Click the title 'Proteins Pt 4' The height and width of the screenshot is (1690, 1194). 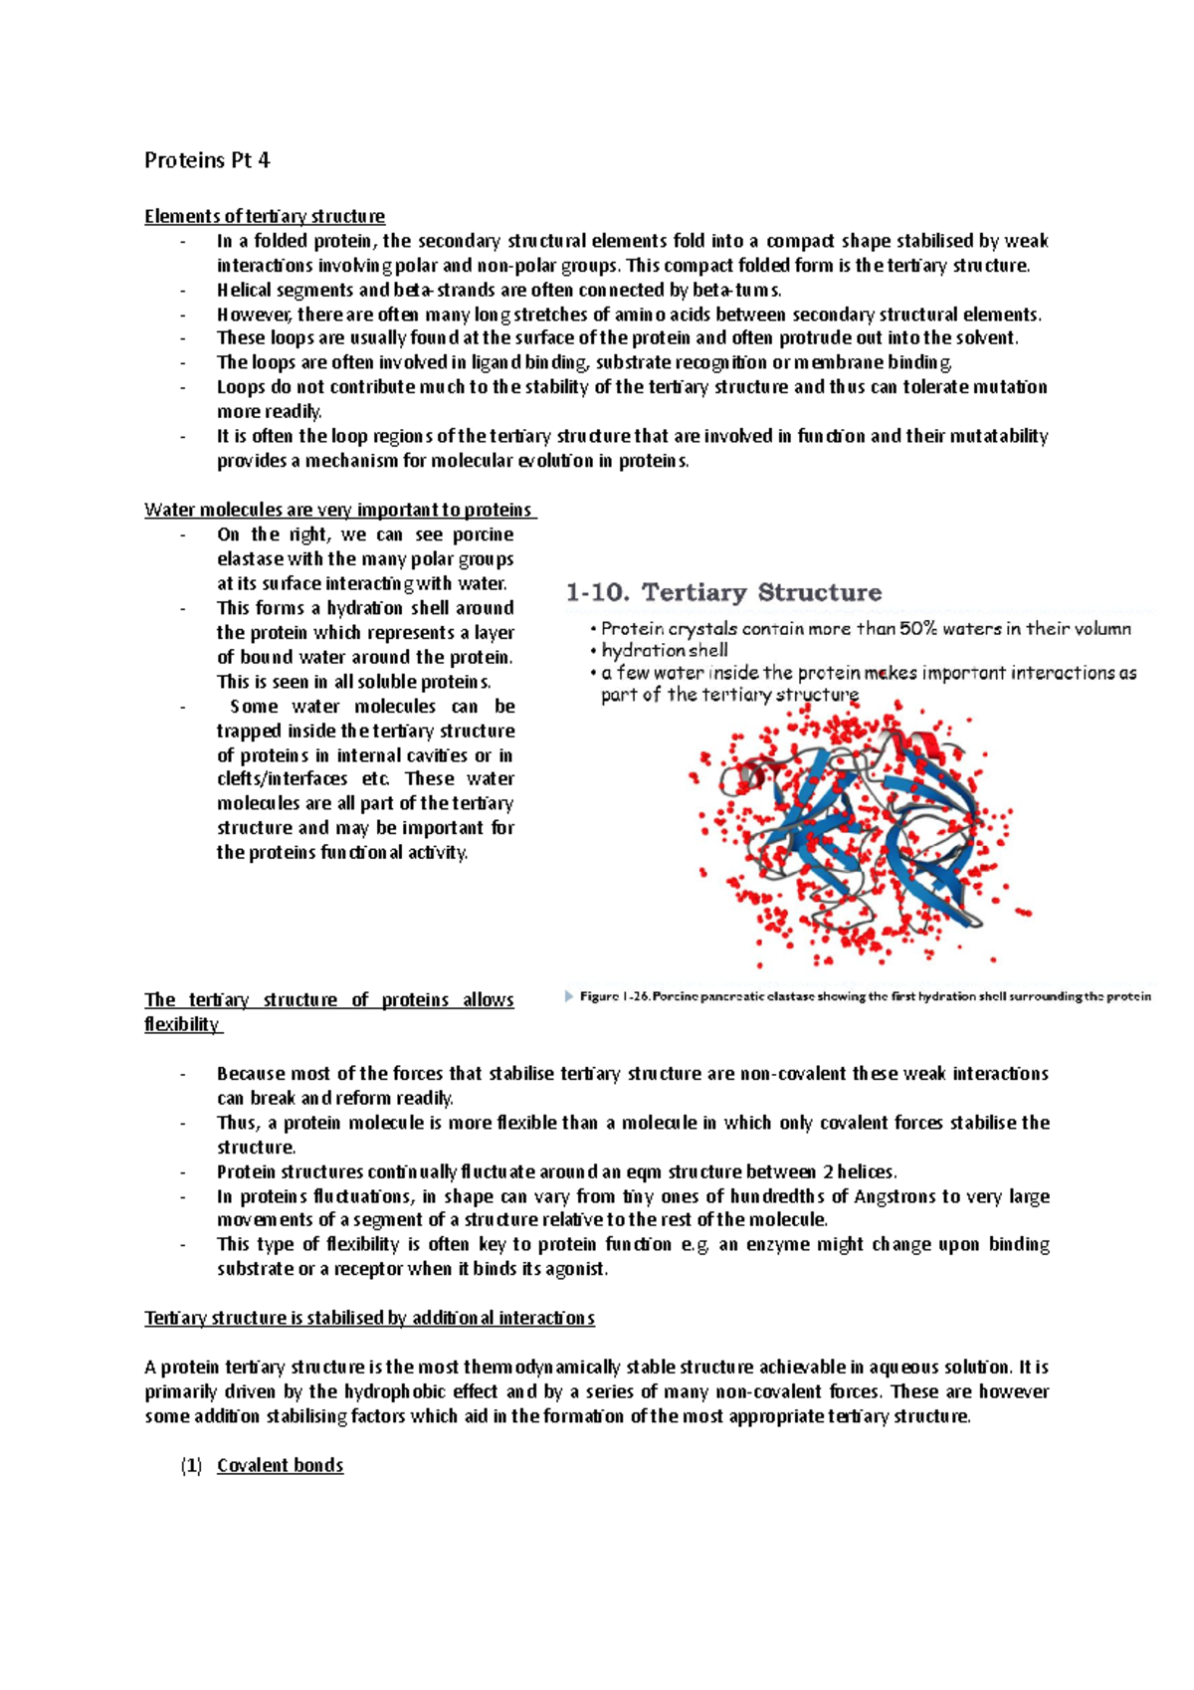207,160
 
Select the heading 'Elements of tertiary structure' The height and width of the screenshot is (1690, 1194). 265,217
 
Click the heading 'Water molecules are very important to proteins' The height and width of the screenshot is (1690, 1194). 338,511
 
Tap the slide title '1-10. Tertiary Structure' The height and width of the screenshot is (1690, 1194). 723,593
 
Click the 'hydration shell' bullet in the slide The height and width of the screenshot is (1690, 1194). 664,651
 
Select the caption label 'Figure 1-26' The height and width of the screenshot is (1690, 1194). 613,996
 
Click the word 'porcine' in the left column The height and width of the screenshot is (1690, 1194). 483,535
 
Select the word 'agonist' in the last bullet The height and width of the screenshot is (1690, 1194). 574,1270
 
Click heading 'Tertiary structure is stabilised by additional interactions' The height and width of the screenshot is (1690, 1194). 369,1319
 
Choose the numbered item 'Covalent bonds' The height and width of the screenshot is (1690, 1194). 280,1466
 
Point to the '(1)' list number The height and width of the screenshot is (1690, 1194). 191,1466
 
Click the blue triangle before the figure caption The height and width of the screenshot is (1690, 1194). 569,996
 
